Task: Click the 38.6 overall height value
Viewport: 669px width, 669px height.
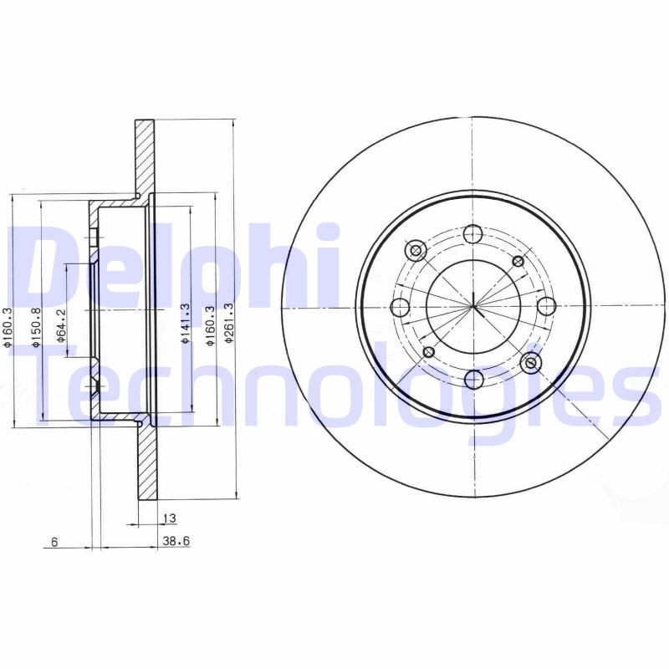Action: click(x=176, y=542)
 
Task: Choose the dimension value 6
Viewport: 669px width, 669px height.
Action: click(x=54, y=542)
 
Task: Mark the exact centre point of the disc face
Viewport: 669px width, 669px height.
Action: click(x=472, y=306)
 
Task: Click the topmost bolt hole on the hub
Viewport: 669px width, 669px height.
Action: click(x=472, y=233)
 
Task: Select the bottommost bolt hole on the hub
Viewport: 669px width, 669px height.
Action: click(x=473, y=379)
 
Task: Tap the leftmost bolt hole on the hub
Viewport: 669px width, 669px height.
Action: click(x=400, y=306)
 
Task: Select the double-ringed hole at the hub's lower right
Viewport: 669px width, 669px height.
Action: click(x=529, y=363)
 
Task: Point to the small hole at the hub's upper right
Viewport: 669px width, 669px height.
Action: click(x=518, y=261)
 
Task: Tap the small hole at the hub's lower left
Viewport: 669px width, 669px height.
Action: click(x=428, y=351)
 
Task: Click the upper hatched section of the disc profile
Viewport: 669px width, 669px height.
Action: click(x=145, y=159)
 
